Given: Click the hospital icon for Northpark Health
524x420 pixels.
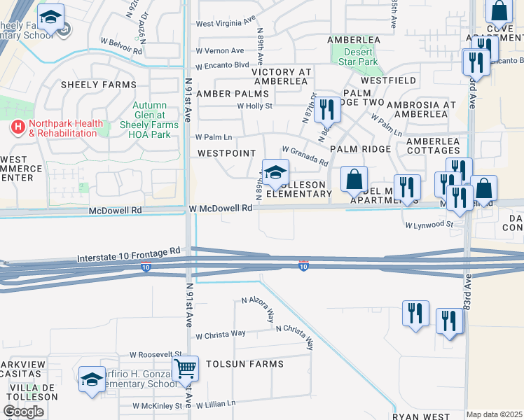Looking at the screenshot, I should tap(18, 128).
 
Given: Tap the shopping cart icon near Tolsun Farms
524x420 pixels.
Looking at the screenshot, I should tap(185, 367).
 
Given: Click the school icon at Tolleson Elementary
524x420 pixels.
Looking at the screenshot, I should tap(275, 171).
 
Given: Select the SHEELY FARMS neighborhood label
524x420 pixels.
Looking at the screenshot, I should tap(98, 85).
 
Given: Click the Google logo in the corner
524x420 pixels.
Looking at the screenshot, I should tap(23, 412).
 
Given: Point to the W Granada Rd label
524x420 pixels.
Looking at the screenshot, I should tap(304, 155).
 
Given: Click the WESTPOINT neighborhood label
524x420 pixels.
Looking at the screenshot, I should tap(226, 152).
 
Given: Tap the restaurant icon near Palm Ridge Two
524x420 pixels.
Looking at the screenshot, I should tap(327, 109).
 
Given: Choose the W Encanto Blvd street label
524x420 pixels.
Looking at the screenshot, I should tap(222, 66).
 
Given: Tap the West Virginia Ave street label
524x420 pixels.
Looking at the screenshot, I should tap(224, 23).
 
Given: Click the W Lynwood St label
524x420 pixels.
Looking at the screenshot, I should tap(429, 225).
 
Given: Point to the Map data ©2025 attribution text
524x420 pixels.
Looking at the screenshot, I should tap(494, 414).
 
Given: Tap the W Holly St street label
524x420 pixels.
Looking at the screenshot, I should tap(254, 106).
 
